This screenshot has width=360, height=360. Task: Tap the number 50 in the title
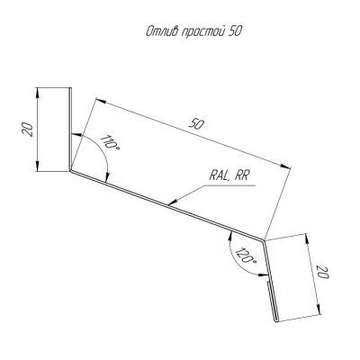[235, 31]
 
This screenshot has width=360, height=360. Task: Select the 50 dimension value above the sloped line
[196, 123]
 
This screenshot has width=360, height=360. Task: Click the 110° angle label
[109, 143]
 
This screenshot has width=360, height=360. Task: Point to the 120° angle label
[246, 256]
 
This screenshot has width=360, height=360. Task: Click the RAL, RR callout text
[229, 175]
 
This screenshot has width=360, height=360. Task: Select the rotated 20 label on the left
[28, 130]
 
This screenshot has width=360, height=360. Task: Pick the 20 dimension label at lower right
[323, 271]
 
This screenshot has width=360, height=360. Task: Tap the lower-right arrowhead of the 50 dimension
[285, 166]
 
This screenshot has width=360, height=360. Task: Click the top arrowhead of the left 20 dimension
[37, 93]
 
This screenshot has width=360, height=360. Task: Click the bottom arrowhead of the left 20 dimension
[37, 166]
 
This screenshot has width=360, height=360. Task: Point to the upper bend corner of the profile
[71, 170]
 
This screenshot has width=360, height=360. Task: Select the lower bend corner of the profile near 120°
[264, 239]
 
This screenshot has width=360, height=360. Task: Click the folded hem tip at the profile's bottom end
[276, 321]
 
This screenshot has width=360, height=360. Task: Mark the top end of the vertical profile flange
[71, 88]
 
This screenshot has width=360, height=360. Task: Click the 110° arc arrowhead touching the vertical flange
[76, 135]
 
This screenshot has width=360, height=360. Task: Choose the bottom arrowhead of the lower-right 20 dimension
[319, 310]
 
